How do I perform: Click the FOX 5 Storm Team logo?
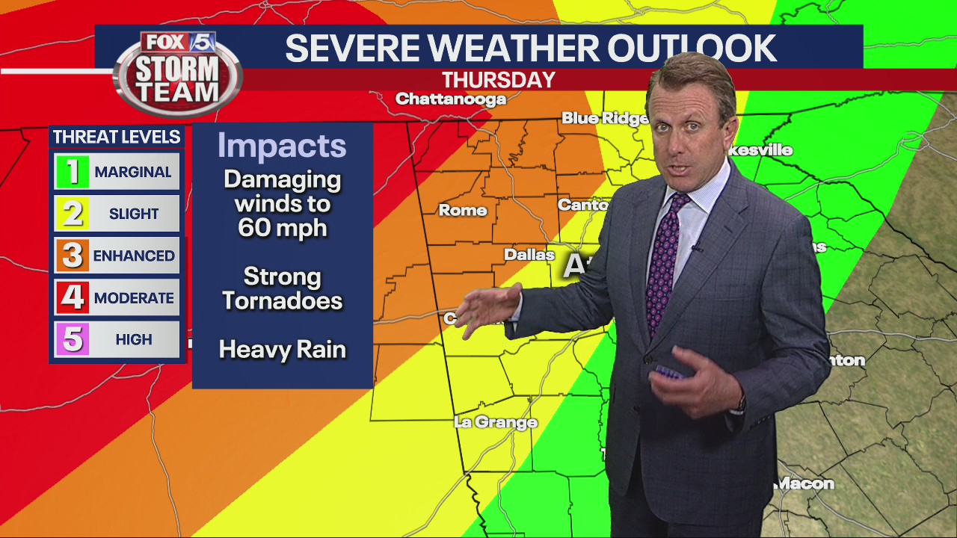(178, 72)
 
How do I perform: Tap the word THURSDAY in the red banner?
(498, 80)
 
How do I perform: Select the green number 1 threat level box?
(72, 172)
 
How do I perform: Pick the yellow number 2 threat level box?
(72, 214)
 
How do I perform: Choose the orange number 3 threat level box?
(72, 256)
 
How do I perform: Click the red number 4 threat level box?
(72, 297)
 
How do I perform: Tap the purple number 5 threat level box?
(72, 339)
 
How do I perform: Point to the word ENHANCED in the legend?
(134, 256)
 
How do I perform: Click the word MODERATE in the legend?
(134, 297)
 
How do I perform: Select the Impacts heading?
(282, 146)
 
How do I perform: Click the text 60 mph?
(283, 227)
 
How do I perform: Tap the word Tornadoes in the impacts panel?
(283, 300)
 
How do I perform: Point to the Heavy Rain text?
(283, 350)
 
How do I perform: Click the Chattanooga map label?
(450, 99)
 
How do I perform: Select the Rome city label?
(463, 211)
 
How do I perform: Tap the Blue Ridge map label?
(605, 118)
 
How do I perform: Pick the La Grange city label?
(496, 422)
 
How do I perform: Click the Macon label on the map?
(805, 483)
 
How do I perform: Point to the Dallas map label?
(529, 254)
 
